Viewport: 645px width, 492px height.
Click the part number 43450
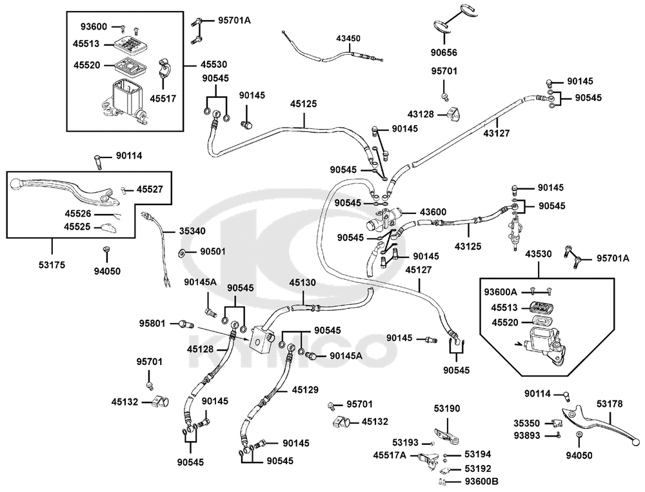click(348, 38)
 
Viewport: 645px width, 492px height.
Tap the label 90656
click(444, 53)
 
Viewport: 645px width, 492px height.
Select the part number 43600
click(433, 212)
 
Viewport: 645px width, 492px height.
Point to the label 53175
click(52, 265)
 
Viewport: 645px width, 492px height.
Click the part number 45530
click(214, 64)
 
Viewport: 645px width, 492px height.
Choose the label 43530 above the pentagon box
click(538, 254)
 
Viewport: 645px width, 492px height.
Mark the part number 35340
click(192, 231)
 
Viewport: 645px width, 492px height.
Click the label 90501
click(213, 251)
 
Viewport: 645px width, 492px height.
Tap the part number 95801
click(152, 324)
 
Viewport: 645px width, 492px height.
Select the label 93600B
click(481, 481)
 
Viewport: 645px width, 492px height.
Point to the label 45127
click(419, 270)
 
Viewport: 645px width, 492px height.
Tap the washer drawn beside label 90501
click(183, 251)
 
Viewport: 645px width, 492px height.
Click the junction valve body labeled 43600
click(382, 219)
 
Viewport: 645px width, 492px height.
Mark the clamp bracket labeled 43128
click(453, 114)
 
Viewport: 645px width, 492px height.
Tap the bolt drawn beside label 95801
click(186, 324)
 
